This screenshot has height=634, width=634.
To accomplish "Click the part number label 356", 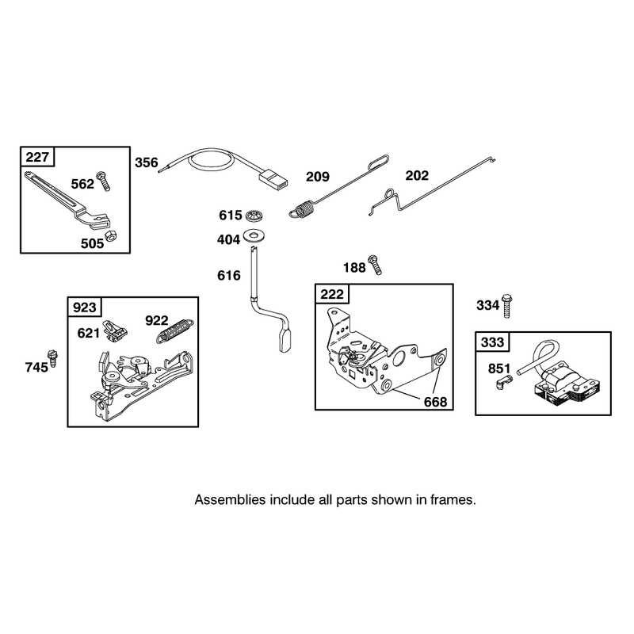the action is point(147,162).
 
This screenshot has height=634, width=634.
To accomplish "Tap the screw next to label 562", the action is point(103,181).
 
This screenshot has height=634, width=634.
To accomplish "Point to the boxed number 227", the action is point(37,156).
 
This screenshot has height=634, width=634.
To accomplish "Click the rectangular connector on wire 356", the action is point(273,180).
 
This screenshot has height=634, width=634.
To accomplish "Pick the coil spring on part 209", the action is point(302,210).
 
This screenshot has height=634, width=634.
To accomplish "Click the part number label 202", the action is point(417,175).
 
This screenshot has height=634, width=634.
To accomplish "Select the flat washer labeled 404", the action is point(254,235).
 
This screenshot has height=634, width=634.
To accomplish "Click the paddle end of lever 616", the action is point(285,341).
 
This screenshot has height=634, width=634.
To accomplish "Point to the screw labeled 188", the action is point(374,265).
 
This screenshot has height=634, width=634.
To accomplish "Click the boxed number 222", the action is point(332,294).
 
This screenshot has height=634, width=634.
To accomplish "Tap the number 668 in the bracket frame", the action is point(435,402).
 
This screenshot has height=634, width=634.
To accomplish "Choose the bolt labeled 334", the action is point(507,306).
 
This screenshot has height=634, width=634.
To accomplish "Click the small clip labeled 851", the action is point(504,382).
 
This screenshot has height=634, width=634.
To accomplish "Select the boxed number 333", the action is point(492,342).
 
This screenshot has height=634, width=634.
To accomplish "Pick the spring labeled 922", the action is point(174,331).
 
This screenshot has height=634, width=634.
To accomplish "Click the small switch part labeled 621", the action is point(116,330).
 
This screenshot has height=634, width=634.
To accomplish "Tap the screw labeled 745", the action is point(52,358).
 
